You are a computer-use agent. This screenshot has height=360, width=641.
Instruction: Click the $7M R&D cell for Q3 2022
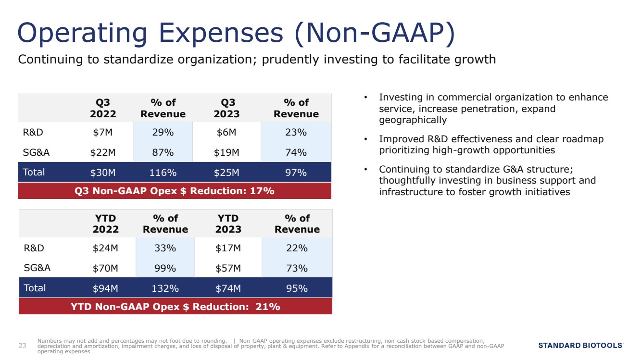pos(103,132)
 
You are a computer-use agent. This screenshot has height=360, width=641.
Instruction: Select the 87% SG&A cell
pos(163,152)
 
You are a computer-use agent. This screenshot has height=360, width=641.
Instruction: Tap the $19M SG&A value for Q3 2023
pos(226,152)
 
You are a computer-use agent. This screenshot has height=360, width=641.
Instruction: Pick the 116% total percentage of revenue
pos(163,173)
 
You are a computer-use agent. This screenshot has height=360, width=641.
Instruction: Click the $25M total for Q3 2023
pos(226,173)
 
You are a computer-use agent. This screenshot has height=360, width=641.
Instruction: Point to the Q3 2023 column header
pos(226,108)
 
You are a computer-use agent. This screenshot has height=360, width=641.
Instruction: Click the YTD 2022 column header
pos(105,223)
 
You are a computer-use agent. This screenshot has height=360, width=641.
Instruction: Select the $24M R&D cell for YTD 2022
pos(105,248)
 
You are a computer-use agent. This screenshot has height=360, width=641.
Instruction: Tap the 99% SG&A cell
pos(165,268)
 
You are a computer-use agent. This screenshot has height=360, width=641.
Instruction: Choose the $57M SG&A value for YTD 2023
pos(228,268)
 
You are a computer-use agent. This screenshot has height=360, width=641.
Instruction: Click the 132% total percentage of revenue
pos(165,288)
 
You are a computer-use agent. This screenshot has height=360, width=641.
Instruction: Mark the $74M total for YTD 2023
pos(228,288)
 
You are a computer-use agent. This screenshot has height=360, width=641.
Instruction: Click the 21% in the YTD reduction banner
pos(268,307)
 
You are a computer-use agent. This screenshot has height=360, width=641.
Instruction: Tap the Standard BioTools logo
pos(581,346)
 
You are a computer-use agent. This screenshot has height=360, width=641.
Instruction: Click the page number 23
pos(22,346)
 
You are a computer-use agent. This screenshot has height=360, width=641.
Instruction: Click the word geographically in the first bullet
pos(413,120)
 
